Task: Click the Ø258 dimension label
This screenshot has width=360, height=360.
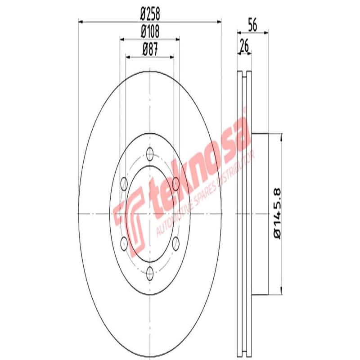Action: [150, 14]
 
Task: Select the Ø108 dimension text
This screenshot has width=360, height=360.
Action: [150, 31]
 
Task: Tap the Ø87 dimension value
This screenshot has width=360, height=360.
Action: [150, 49]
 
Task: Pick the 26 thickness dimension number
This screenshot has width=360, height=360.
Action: [244, 46]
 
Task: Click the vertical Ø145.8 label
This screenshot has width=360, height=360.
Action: [276, 213]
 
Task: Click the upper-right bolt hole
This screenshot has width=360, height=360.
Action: [175, 182]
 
